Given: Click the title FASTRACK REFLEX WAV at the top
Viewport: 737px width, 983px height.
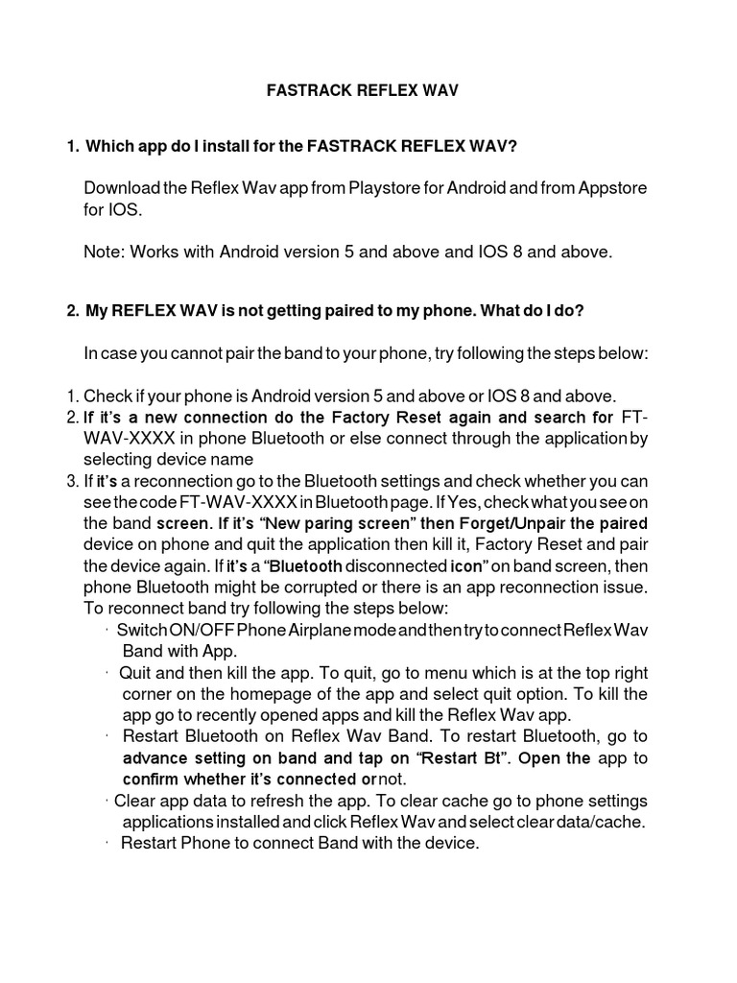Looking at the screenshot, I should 362,91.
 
